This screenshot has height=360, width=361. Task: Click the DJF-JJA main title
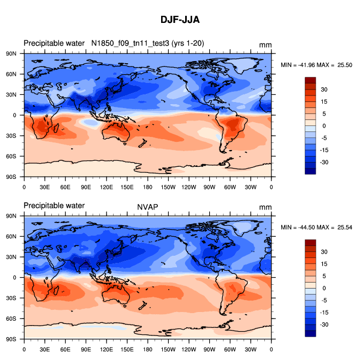(x=180, y=20)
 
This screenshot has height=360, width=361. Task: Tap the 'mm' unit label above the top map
(x=265, y=45)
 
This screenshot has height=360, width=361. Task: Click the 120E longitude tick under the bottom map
(x=106, y=349)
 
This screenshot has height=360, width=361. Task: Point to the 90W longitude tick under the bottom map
(x=209, y=349)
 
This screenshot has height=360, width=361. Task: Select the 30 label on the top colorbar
(x=323, y=89)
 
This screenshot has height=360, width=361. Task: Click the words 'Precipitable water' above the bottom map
(x=54, y=206)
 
